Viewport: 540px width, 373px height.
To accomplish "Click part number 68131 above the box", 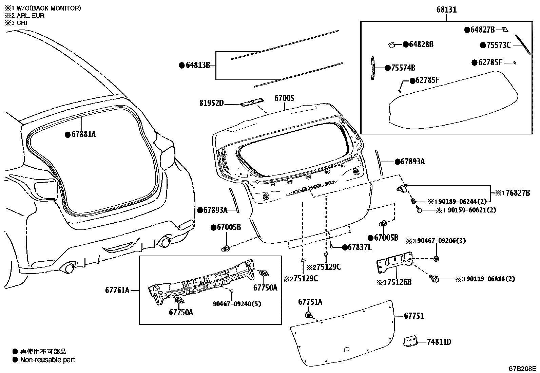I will pos(446,10).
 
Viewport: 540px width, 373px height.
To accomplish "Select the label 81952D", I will pos(211,102).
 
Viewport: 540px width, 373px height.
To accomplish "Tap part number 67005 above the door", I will pos(284,99).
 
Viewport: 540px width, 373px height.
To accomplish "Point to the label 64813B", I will pos(198,65).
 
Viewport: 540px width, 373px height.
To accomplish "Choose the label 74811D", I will pos(439,342).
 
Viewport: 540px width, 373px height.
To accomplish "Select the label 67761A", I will pos(117,290).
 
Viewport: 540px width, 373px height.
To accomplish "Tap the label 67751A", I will pos(310,302).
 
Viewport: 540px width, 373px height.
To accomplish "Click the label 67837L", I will pos(360,247).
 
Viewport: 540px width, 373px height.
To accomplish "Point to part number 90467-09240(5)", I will pos(237,304).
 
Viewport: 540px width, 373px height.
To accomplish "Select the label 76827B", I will pos(518,193).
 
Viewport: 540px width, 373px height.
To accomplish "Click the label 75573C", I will pos(499,45).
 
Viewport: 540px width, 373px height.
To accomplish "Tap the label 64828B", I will pos(421,44).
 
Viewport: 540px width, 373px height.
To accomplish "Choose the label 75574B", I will pos(403,68).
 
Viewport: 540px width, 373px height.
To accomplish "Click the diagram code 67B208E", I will pos(522,369).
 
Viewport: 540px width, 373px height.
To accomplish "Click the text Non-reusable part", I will pos(47,360).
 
